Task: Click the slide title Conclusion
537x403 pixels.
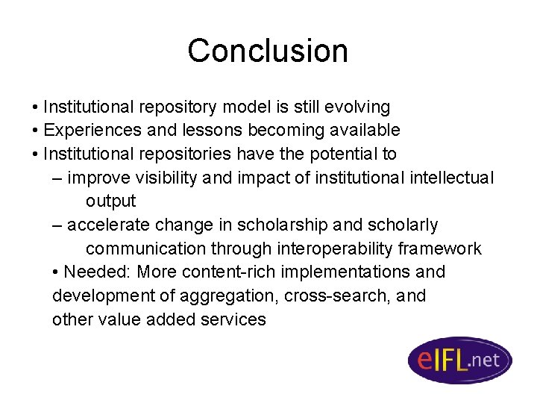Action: pos(268,51)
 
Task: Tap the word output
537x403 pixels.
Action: pos(110,201)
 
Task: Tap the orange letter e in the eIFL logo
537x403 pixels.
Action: pos(424,360)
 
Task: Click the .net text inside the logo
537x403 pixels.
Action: pos(485,360)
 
